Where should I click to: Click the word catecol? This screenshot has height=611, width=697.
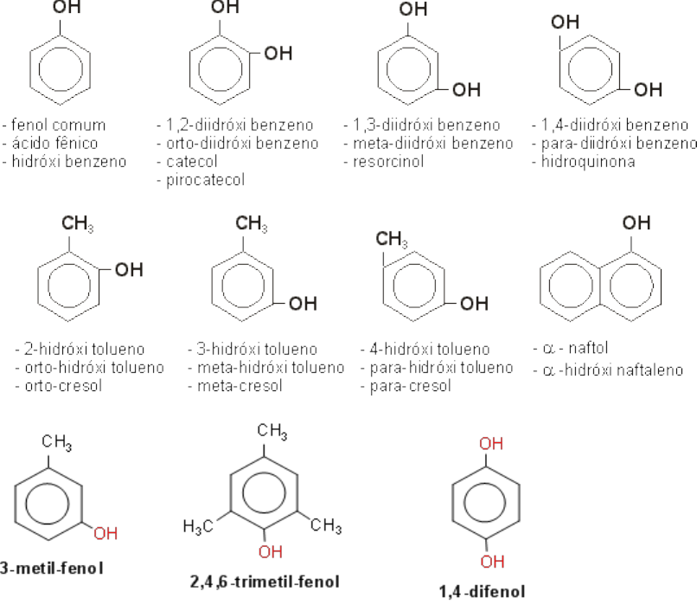pyautogui.click(x=188, y=162)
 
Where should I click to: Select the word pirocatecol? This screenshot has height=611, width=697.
pyautogui.click(x=201, y=180)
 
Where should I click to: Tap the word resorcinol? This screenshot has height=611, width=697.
pyautogui.click(x=387, y=162)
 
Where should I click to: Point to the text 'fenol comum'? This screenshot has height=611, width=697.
pyautogui.click(x=58, y=125)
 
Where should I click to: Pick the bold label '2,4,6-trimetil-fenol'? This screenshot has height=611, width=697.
pyautogui.click(x=264, y=581)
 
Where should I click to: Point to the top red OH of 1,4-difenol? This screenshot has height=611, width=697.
pyautogui.click(x=490, y=445)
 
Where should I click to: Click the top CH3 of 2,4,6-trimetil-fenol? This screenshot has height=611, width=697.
pyautogui.click(x=272, y=429)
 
